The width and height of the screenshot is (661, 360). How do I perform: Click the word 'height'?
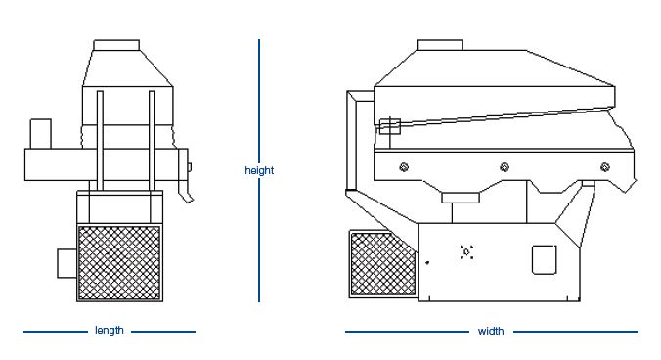click(x=259, y=171)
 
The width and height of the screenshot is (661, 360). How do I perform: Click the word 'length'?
click(x=110, y=330)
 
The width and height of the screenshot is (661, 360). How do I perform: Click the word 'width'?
click(x=491, y=331)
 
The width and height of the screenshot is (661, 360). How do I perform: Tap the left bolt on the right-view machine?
click(x=404, y=167)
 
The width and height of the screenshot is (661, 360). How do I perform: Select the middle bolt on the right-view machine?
click(x=505, y=167)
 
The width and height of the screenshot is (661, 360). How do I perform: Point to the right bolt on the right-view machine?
click(x=605, y=167)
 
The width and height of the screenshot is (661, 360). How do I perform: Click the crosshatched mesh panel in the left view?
click(x=119, y=263)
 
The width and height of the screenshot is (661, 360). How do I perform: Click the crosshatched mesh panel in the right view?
click(x=382, y=264)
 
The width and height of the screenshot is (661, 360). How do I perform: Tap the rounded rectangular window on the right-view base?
click(x=545, y=259)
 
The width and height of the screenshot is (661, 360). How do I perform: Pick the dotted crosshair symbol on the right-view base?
click(x=466, y=252)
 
